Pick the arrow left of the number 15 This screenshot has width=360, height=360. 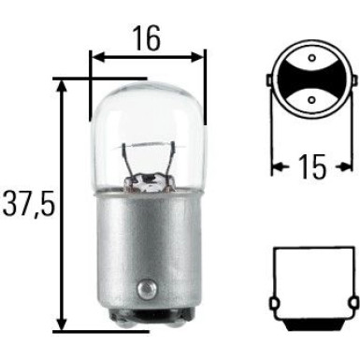[x=279, y=168]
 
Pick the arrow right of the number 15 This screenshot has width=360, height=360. [x=348, y=168]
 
